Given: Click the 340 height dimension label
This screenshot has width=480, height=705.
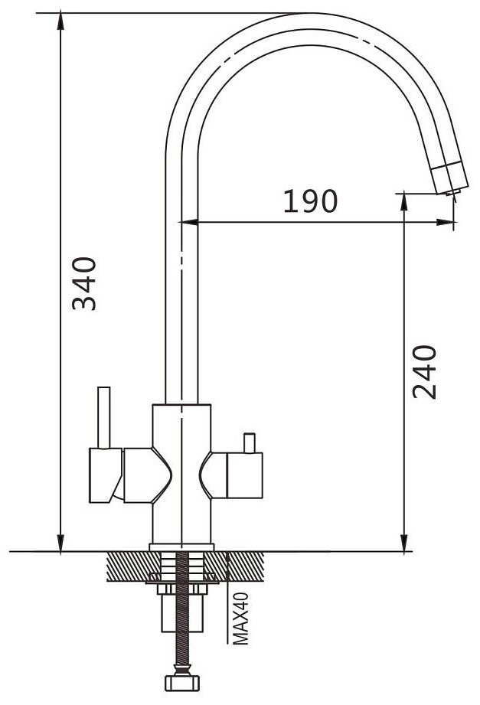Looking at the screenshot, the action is tap(84, 284).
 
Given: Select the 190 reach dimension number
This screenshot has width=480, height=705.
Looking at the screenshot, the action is tap(310, 201).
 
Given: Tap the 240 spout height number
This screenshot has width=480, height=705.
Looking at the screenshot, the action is tap(425, 372).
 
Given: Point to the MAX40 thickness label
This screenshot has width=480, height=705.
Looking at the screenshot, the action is tap(240, 618).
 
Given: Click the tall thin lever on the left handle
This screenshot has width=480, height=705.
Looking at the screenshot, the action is tap(104, 417).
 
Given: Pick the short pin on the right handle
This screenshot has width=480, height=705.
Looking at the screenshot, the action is tap(250, 443).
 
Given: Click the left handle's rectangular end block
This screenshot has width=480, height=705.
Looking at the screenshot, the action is tap(106, 475).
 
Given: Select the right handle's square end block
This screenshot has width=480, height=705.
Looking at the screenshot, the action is tap(245, 475).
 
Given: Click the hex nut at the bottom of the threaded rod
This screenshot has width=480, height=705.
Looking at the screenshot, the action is tap(182, 682).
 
